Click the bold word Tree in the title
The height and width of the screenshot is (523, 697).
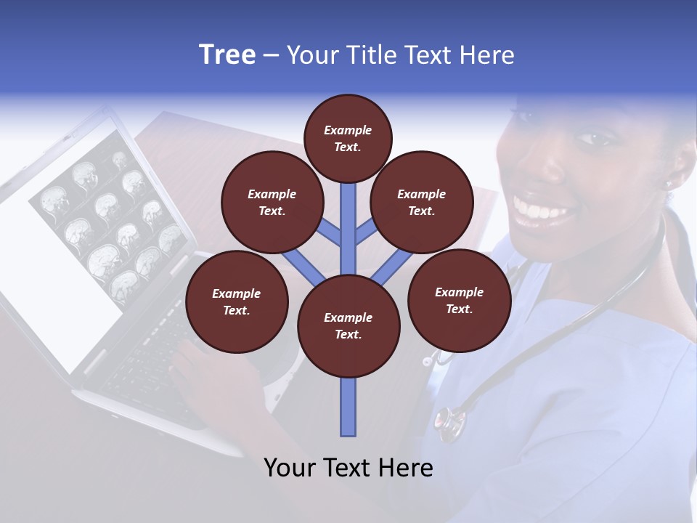coord(227,55)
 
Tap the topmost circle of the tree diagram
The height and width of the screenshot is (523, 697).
coord(348,138)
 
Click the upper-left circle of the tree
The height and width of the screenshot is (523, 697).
coord(272,202)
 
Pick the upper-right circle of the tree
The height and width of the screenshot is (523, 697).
coord(422,202)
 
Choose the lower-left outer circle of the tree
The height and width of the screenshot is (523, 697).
coord(237,301)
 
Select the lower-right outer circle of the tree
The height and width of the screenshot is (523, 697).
coord(459,300)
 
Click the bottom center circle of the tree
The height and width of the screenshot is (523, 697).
coord(348,325)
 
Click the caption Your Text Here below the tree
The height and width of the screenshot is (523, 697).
coord(348,468)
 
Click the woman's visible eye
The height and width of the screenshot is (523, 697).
coord(595,137)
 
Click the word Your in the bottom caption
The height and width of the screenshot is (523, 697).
coord(290,468)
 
